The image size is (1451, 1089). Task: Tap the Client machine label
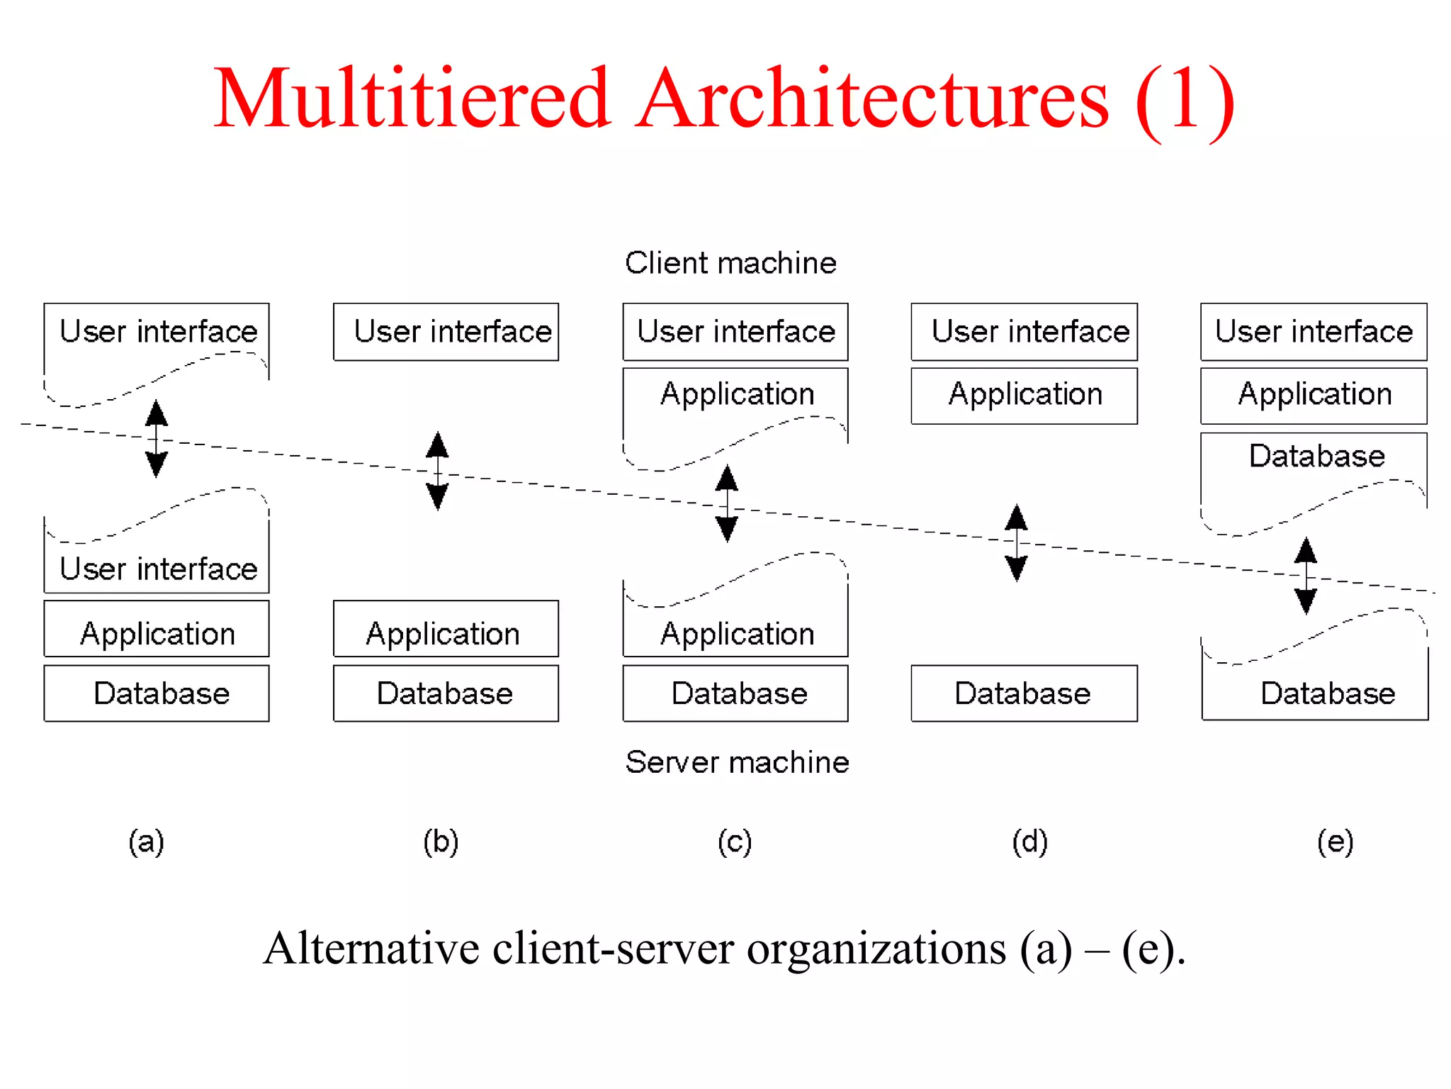tap(730, 263)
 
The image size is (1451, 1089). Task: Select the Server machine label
tap(737, 762)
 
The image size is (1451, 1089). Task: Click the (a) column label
tap(146, 842)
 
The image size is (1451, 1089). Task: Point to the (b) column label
tap(441, 842)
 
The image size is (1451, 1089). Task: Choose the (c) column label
tap(735, 842)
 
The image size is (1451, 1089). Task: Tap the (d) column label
tap(1029, 842)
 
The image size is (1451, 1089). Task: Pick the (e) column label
tap(1335, 842)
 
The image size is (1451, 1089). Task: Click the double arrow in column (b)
tap(437, 471)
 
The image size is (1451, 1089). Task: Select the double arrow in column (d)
tap(1017, 543)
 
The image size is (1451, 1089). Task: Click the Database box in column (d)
tap(1024, 693)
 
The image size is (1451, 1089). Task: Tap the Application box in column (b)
tap(446, 630)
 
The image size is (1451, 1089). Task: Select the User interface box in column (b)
tap(446, 332)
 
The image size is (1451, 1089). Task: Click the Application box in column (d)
tap(1024, 396)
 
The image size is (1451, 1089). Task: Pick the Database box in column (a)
tap(157, 693)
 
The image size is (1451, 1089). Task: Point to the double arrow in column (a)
tap(157, 439)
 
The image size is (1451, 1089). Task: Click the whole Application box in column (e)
tap(1314, 396)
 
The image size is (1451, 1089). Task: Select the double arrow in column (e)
tap(1306, 576)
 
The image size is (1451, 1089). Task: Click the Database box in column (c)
tap(735, 693)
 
